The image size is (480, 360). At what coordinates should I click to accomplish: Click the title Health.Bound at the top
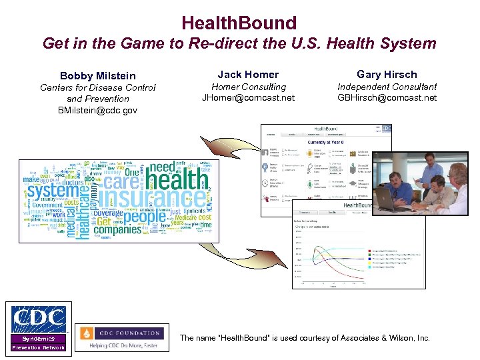point(239,23)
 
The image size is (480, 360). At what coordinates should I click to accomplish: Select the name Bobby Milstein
point(98,75)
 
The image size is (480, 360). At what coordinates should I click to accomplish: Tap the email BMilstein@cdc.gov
point(98,110)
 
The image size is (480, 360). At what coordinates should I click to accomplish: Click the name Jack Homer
point(248,74)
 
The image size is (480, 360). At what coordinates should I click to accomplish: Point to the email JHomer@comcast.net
point(248,98)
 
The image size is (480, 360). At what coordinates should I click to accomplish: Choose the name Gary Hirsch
point(387,74)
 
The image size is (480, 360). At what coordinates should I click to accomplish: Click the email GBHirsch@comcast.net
point(387,98)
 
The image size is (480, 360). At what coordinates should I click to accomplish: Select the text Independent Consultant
point(387,87)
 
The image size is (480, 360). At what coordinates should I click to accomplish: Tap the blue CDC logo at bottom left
point(38,319)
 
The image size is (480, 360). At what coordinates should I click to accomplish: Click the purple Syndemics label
point(38,339)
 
